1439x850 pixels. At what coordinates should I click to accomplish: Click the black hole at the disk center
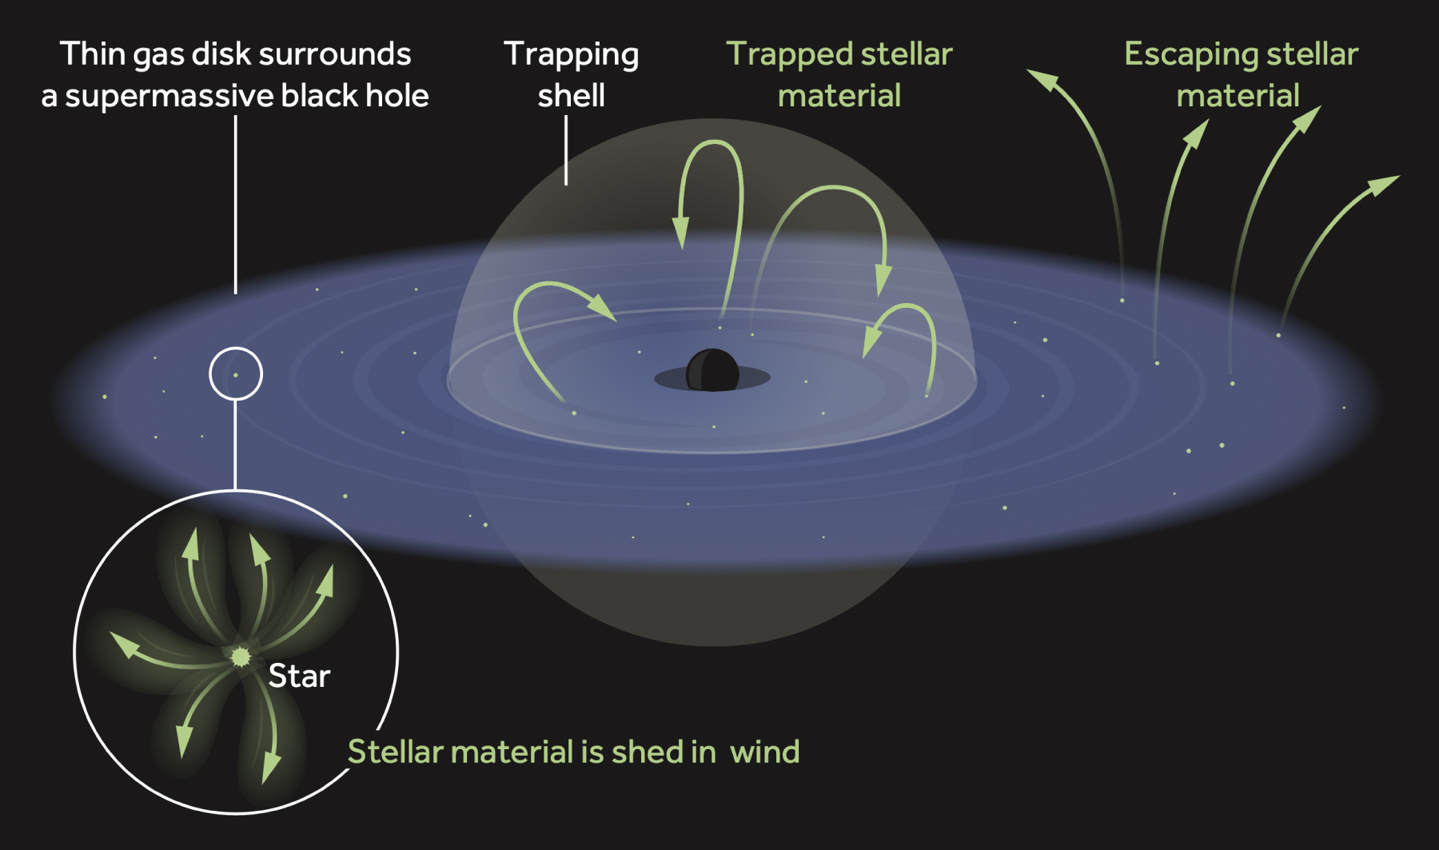(712, 370)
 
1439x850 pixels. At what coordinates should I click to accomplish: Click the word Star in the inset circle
(299, 676)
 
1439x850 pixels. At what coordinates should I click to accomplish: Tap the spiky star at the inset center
(240, 656)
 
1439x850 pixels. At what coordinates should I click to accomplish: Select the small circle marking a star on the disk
(236, 373)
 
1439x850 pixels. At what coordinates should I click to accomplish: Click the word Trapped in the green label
(788, 54)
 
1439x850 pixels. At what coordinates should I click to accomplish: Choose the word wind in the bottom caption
(764, 752)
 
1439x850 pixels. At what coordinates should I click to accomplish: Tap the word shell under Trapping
(571, 96)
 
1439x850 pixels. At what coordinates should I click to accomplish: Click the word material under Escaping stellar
(1238, 96)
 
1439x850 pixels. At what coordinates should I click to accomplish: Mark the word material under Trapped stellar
(839, 96)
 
